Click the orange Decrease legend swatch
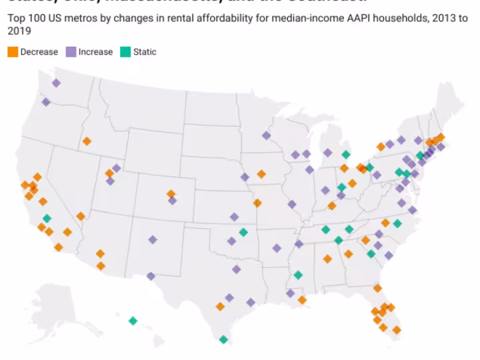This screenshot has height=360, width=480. [13, 51]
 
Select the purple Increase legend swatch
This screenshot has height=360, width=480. [71, 51]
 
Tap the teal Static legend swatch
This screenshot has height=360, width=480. [125, 51]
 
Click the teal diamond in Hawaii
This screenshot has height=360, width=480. [133, 321]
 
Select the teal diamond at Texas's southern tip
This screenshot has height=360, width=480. [223, 339]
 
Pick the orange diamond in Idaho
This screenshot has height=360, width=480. [87, 141]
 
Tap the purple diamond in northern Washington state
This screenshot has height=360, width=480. [56, 83]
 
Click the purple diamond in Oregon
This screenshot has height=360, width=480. [46, 102]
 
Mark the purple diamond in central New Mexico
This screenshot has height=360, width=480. [153, 239]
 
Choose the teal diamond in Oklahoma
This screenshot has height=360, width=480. [243, 232]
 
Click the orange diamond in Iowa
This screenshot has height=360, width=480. [261, 173]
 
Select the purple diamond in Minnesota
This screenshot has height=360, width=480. [266, 135]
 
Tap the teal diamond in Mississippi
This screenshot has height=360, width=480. [298, 275]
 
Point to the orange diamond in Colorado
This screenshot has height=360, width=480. [171, 193]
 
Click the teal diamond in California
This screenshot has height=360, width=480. [47, 218]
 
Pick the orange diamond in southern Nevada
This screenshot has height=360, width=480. [81, 216]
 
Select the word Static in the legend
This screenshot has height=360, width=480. [145, 51]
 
